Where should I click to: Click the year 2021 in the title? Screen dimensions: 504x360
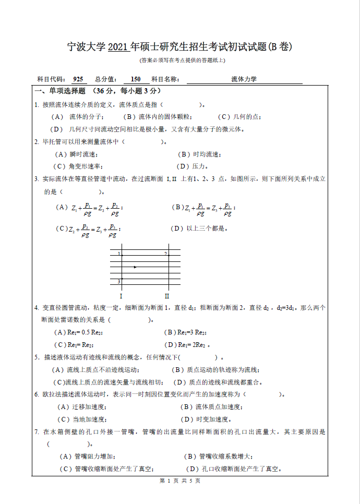[118, 47]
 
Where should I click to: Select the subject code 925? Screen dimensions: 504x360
[78, 79]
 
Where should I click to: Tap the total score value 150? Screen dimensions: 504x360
[136, 79]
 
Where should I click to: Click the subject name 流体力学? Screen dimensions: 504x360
[244, 79]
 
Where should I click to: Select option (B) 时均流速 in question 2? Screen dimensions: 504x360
[200, 154]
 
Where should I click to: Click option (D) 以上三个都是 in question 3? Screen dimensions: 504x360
[200, 228]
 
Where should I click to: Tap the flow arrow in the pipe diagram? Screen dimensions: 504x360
[136, 267]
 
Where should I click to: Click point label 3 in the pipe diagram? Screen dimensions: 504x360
[119, 282]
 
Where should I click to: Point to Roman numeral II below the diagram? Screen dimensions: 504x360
[167, 296]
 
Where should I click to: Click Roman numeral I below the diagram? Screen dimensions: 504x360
[121, 296]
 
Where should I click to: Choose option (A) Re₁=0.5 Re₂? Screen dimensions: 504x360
[78, 332]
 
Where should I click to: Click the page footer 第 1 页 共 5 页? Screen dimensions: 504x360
[180, 481]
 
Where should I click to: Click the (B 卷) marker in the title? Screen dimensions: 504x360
[280, 47]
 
